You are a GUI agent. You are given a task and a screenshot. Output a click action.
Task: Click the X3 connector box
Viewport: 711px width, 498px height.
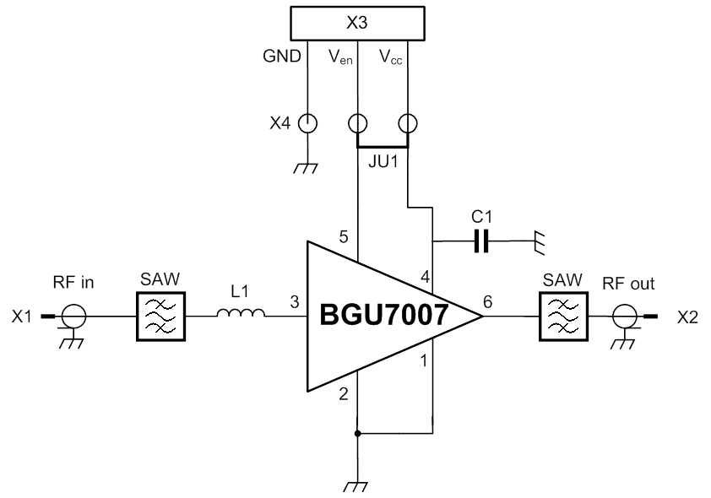coord(356,24)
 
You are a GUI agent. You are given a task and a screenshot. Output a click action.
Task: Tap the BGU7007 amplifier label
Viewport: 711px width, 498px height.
coord(385,316)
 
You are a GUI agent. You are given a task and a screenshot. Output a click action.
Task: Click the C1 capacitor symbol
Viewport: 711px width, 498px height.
coord(481,242)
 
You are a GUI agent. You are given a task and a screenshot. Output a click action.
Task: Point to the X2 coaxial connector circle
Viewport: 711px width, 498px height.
coord(626,317)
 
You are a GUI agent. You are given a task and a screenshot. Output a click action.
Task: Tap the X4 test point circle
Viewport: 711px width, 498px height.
coord(309,123)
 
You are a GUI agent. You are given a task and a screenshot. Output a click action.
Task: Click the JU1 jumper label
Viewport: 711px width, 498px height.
coord(383,160)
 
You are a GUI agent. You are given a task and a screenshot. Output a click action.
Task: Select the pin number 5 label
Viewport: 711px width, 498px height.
coord(344,237)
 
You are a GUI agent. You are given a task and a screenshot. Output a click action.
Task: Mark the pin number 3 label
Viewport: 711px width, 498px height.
coord(294,301)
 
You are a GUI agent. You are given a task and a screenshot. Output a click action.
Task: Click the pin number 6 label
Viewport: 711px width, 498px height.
coord(488,301)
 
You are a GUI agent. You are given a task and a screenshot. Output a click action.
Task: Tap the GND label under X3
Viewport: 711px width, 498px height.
coord(282,57)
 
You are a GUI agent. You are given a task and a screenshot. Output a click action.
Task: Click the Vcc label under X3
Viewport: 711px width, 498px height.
coord(390,57)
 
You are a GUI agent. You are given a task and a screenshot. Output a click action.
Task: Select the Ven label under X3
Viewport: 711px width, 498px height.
coord(340,57)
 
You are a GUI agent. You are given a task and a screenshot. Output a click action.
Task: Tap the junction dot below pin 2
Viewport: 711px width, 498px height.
coord(357,434)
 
